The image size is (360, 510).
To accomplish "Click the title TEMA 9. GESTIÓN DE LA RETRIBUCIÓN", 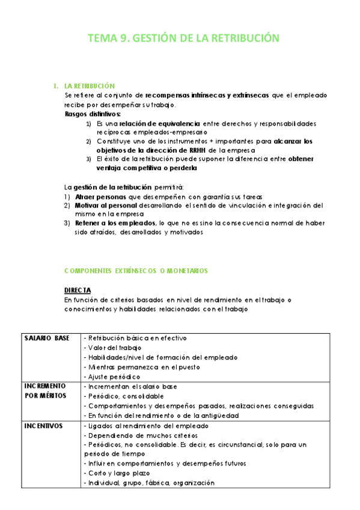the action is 184,38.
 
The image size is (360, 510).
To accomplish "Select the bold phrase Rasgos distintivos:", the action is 93,114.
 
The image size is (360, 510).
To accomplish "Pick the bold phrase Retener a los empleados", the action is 114,223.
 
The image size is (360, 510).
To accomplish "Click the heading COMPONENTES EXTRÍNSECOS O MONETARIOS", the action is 136,271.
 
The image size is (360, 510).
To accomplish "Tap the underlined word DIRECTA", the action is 78,290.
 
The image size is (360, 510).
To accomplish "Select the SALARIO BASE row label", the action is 47,338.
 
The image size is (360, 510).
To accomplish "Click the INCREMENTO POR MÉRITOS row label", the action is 46,390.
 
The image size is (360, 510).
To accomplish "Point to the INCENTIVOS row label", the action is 43,425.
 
